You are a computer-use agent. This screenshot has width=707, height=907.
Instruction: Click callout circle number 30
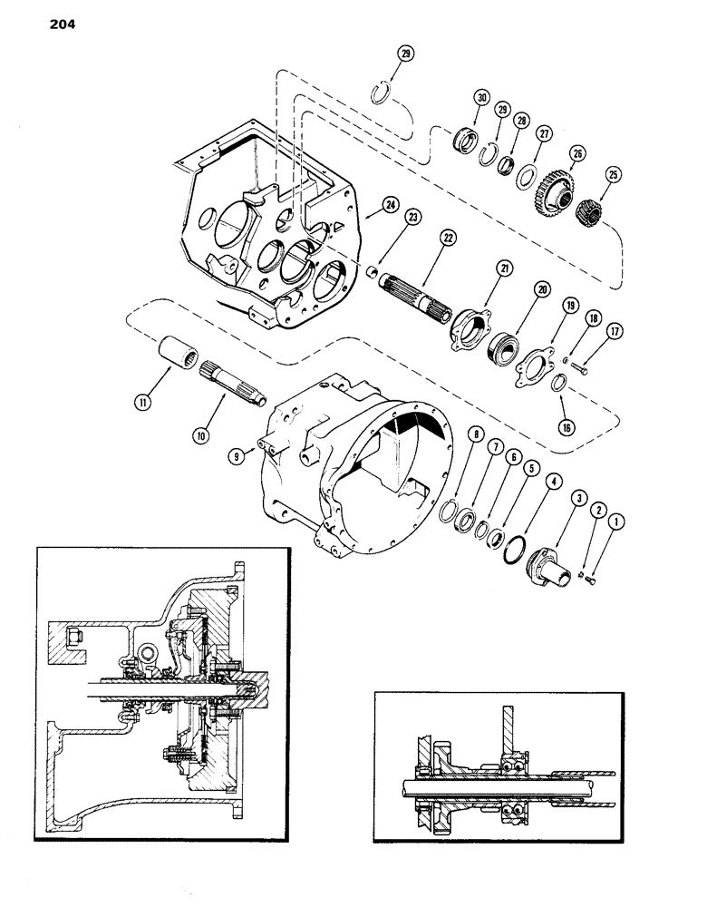(480, 99)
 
